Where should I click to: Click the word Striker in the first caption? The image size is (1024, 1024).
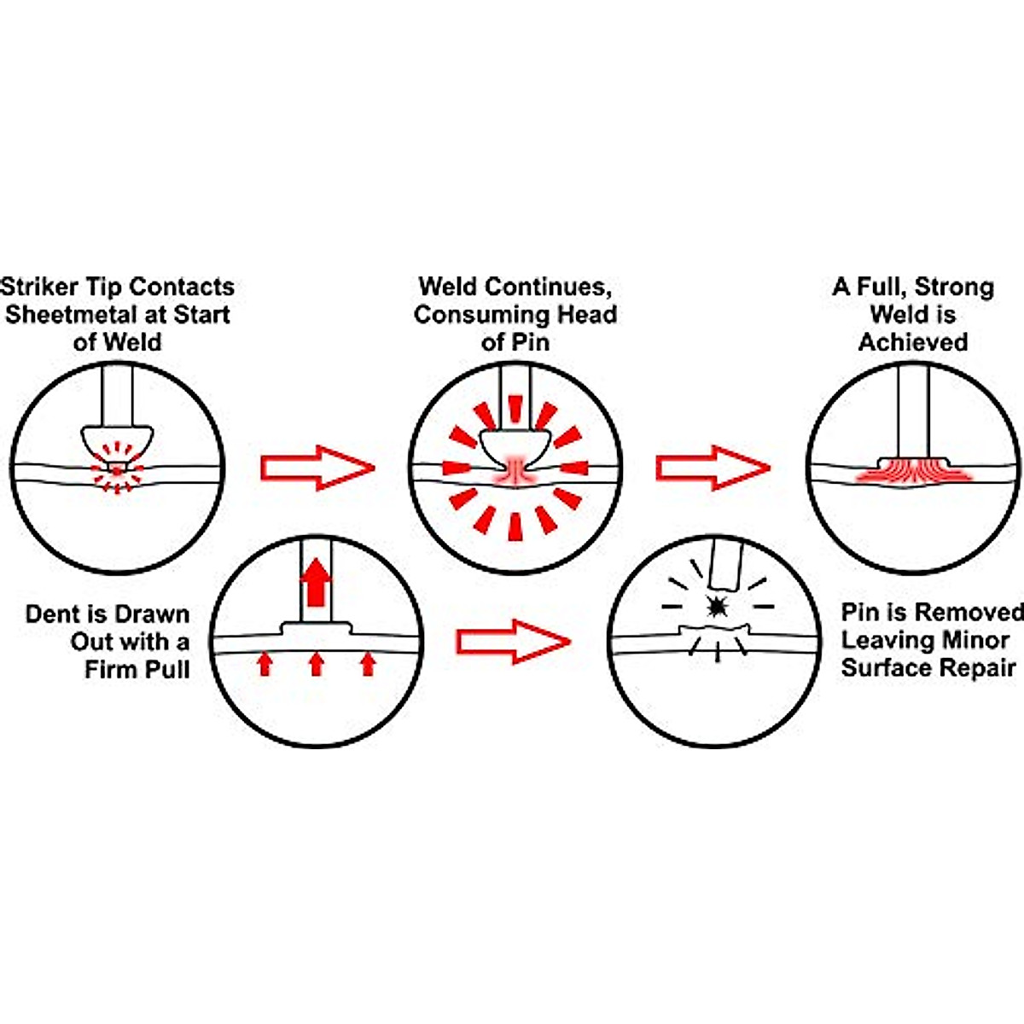click(x=41, y=287)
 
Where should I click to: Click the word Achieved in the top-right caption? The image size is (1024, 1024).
click(x=913, y=342)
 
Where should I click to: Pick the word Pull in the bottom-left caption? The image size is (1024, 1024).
click(x=166, y=669)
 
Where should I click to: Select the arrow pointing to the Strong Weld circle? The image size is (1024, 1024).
click(x=713, y=468)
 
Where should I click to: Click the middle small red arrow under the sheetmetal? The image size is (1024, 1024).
click(x=317, y=664)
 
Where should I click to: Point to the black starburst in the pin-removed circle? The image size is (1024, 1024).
click(x=717, y=607)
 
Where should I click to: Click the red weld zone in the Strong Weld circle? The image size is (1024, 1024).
click(x=912, y=472)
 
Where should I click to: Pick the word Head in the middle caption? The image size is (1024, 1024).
click(x=585, y=314)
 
